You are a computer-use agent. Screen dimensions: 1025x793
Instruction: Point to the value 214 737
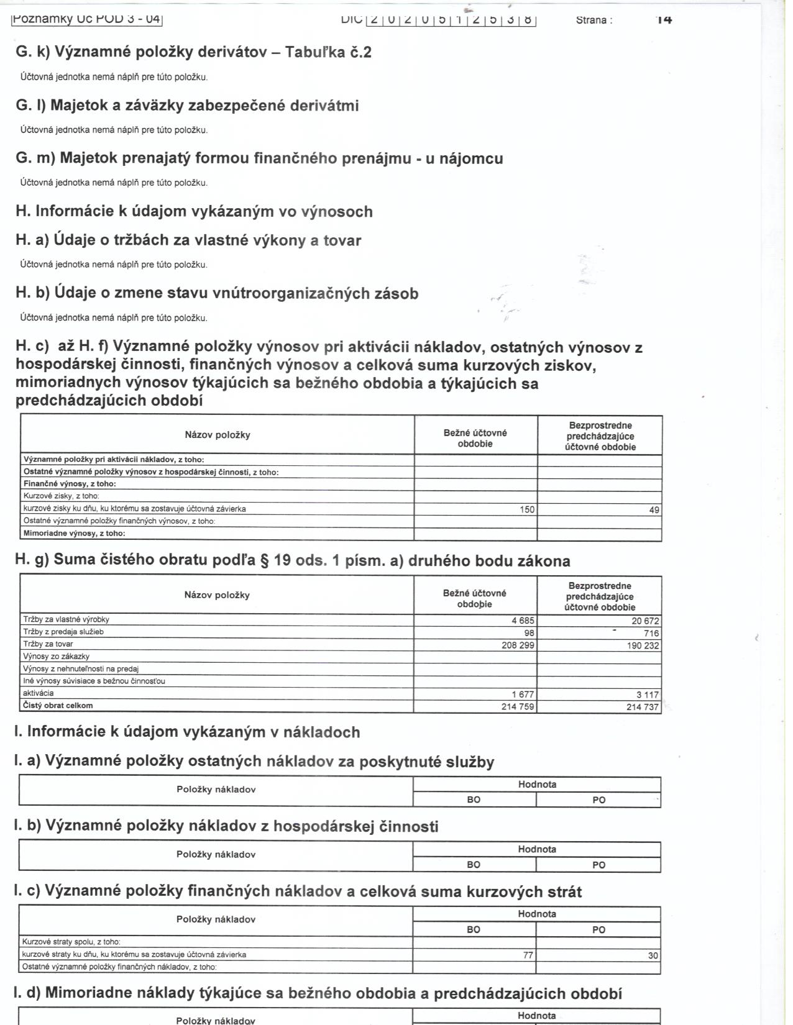pos(643,707)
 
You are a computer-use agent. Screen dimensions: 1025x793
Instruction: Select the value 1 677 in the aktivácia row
pos(523,695)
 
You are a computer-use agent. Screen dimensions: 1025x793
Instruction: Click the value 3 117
pos(647,695)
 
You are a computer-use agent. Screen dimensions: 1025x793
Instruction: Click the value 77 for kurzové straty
pos(528,955)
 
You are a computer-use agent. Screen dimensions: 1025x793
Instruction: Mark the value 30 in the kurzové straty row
pos(653,956)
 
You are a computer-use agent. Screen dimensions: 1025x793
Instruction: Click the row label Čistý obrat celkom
pos(58,706)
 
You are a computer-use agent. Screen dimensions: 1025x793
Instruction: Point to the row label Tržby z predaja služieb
pos(63,632)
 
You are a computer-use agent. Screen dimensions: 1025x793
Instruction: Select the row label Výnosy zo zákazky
pos(56,657)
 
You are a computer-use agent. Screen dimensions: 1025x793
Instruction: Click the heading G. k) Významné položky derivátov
pos(193,52)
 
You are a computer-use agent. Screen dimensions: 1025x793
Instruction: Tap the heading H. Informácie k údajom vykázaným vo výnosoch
pos(194,212)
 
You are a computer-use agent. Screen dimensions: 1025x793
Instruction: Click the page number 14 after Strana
pos(664,20)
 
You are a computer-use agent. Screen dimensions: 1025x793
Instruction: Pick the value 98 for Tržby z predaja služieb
pos(529,633)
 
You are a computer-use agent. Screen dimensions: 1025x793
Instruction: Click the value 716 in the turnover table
pos(651,633)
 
